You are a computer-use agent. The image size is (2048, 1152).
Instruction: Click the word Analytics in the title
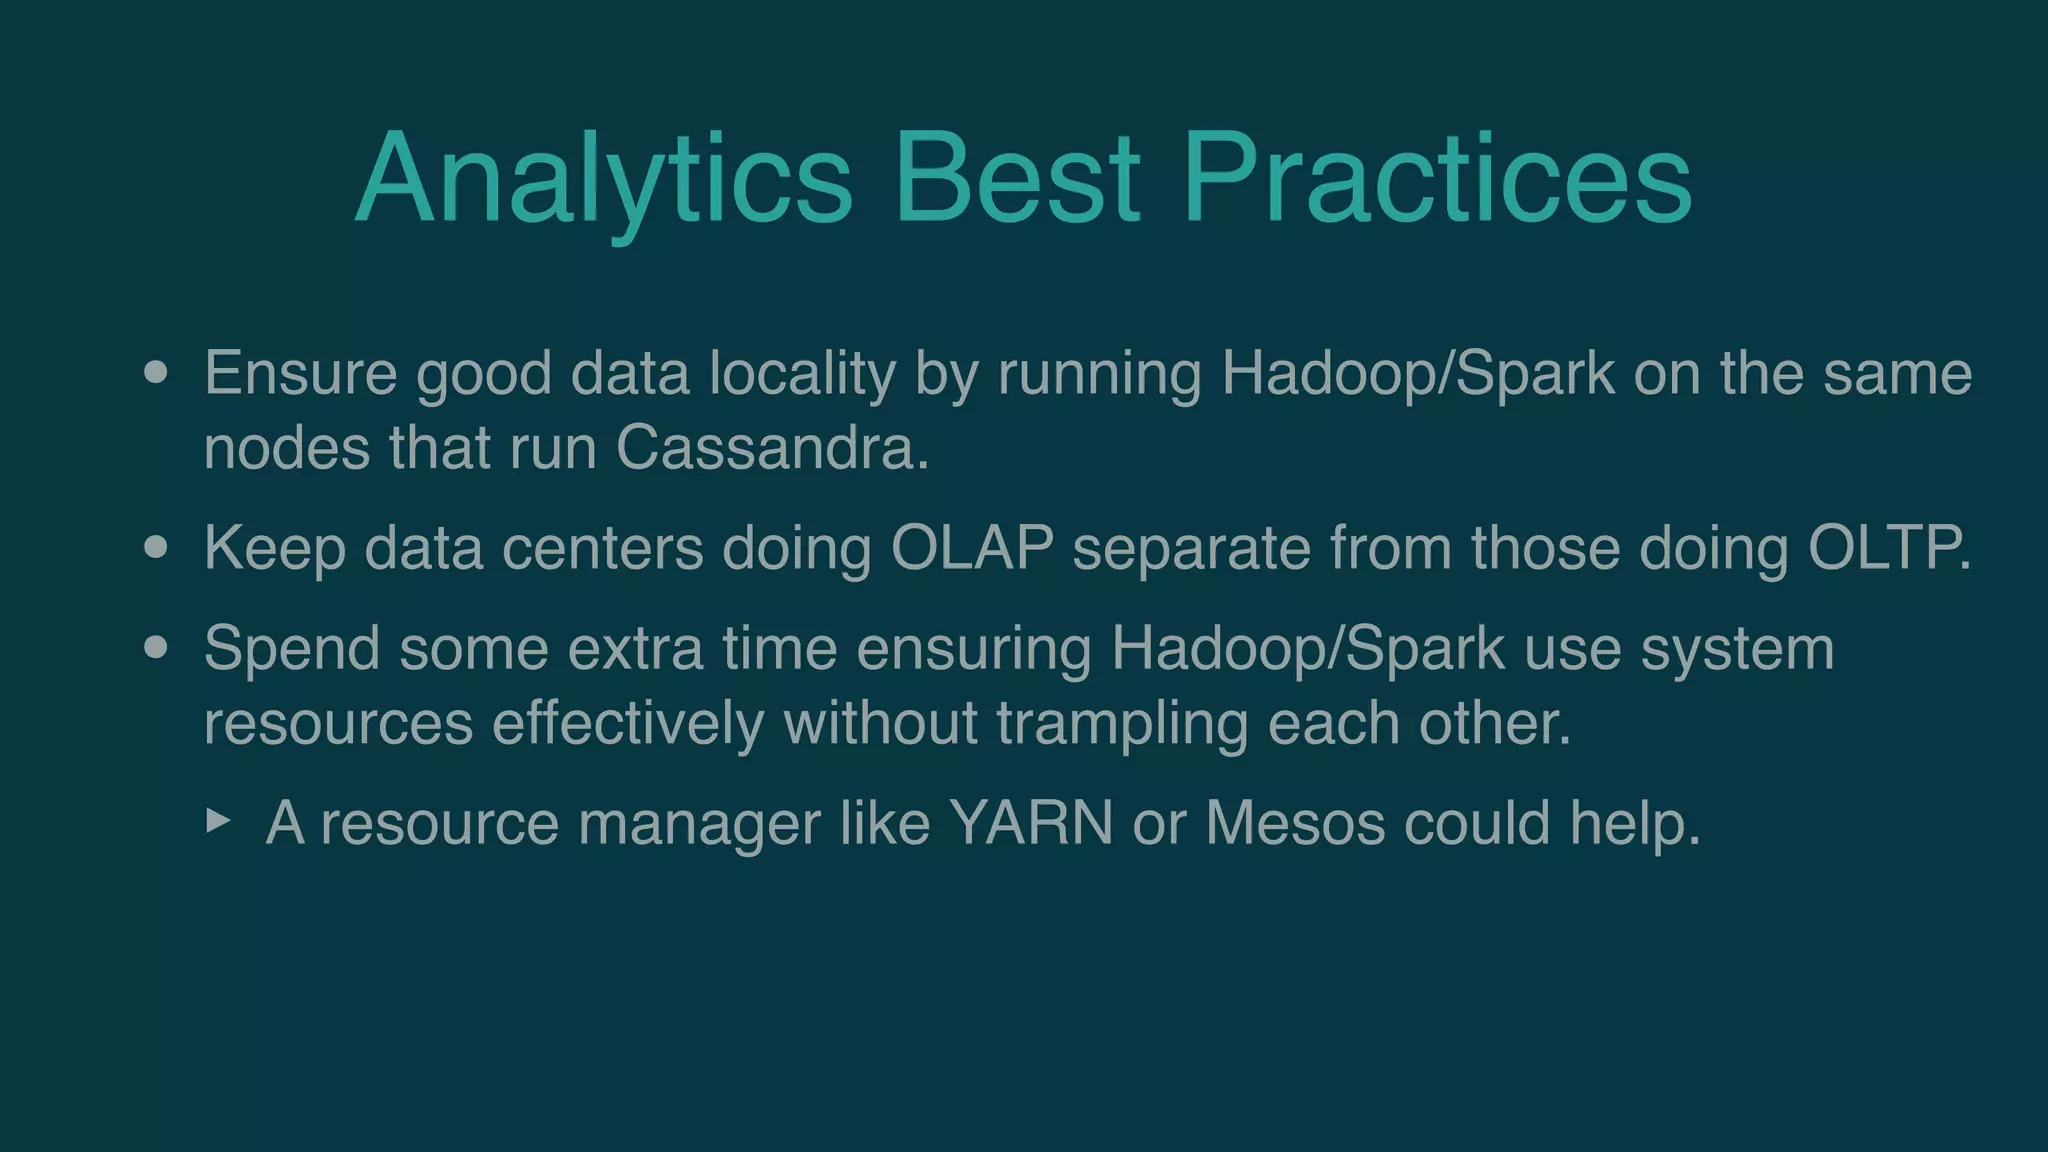pos(603,180)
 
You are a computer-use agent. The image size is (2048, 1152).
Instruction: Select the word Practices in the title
pos(1436,180)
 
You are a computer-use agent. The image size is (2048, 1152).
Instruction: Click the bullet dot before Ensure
pos(155,373)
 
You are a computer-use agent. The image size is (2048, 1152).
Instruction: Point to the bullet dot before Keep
pos(155,548)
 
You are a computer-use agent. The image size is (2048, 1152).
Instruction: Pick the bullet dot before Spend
pos(155,648)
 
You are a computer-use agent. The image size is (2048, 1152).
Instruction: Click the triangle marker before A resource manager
pos(218,822)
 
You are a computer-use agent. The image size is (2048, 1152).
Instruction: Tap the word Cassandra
pos(772,447)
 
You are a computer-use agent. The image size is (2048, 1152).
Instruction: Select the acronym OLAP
pos(972,548)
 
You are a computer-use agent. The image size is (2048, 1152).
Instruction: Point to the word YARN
pos(1031,823)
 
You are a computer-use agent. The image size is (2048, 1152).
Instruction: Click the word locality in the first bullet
pos(802,374)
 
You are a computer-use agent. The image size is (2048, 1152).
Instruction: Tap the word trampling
pos(1122,723)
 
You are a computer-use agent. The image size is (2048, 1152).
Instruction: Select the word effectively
pos(628,723)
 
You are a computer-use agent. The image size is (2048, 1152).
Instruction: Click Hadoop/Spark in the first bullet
pos(1418,374)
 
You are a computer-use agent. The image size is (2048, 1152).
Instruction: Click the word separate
pos(1191,549)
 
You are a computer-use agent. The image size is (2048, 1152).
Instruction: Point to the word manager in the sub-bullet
pos(699,824)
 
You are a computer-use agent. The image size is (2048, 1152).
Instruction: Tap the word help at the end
pos(1632,823)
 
